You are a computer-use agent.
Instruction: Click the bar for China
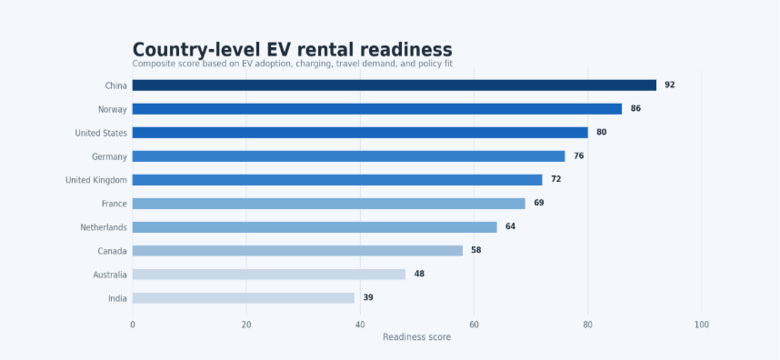(394, 85)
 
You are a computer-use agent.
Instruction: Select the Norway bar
(377, 109)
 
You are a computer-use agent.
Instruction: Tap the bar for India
(244, 298)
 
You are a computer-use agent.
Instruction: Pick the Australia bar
(268, 275)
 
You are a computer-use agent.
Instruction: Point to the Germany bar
(349, 156)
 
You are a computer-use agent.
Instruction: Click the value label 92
(670, 85)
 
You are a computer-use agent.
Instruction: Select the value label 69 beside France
(539, 203)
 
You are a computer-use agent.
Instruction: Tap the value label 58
(476, 250)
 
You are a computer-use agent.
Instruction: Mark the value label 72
(555, 179)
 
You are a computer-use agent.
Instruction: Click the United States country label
(101, 133)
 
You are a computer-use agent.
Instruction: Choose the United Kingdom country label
(96, 180)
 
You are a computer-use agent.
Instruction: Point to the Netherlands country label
(104, 227)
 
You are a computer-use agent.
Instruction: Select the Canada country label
(113, 251)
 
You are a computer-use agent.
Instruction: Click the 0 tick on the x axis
(133, 325)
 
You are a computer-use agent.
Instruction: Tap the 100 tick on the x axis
(702, 325)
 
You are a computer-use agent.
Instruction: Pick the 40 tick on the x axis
(360, 325)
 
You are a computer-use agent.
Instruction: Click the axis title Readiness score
(417, 337)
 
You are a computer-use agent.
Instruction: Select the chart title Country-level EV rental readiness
(293, 50)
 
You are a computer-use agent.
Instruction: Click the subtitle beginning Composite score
(293, 64)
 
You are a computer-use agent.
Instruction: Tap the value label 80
(602, 132)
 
